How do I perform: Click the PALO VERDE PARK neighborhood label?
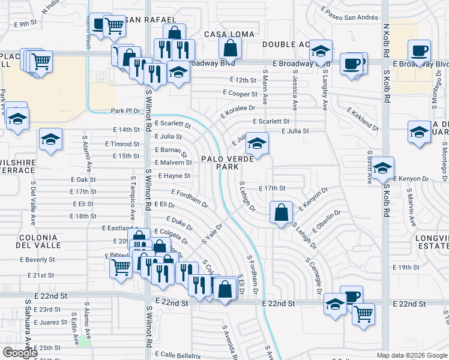(223, 163)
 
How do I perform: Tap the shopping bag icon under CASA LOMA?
(230, 48)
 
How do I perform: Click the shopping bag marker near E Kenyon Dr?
(281, 213)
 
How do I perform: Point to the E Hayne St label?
(174, 176)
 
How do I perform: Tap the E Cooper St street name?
(240, 93)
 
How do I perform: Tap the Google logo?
(20, 353)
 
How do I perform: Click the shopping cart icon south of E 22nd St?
(363, 313)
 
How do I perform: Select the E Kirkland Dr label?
(363, 119)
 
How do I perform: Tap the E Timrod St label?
(122, 144)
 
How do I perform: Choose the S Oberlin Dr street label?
(325, 221)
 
